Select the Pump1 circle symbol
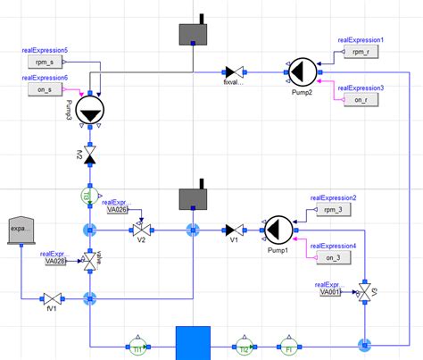278,230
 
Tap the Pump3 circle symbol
90,111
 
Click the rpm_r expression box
360,53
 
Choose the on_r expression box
360,100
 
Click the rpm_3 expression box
334,211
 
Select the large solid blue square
192,343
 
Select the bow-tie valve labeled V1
233,230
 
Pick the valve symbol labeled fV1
53,297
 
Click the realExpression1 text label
361,40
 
